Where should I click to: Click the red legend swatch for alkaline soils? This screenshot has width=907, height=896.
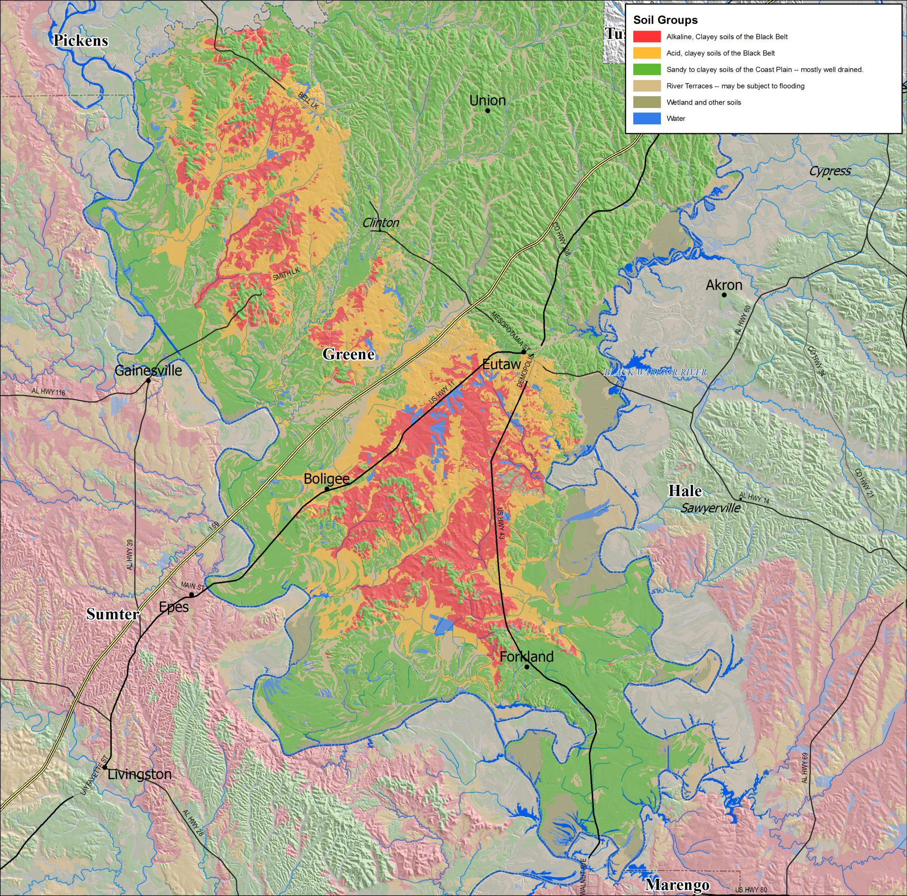click(x=647, y=37)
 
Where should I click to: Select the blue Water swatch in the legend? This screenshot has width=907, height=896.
click(x=647, y=119)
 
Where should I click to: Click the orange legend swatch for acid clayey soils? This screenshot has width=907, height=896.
click(x=647, y=53)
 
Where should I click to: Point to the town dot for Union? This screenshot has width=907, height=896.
click(x=488, y=111)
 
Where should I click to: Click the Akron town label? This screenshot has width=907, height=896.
click(x=724, y=285)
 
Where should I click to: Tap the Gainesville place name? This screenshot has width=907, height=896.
click(x=148, y=371)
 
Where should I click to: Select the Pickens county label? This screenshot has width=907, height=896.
click(x=80, y=41)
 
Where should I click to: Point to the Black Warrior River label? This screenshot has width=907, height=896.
click(x=655, y=373)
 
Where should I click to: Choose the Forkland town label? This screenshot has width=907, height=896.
click(x=526, y=657)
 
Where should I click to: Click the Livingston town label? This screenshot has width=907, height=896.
click(x=140, y=774)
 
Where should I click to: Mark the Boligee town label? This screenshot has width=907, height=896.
click(x=327, y=478)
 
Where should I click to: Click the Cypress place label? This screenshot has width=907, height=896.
click(x=829, y=171)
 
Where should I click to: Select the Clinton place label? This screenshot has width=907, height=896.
click(x=381, y=223)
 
